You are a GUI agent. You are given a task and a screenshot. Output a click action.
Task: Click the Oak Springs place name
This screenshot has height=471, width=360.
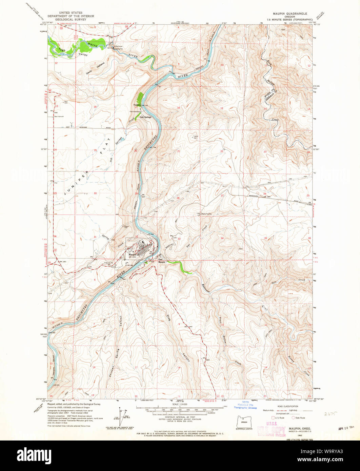[144, 117]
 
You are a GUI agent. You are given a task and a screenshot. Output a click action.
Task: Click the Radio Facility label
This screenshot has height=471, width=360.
[206, 214]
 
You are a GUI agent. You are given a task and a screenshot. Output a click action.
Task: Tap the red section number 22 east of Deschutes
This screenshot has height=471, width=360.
[222, 151]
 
